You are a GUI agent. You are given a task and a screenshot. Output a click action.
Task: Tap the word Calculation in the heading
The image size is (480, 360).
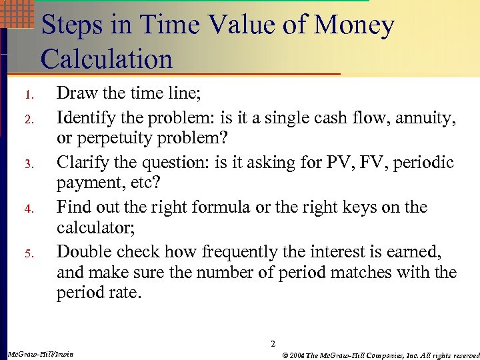point(107,59)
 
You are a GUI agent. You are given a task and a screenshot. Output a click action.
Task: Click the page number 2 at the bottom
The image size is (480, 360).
point(273,344)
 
